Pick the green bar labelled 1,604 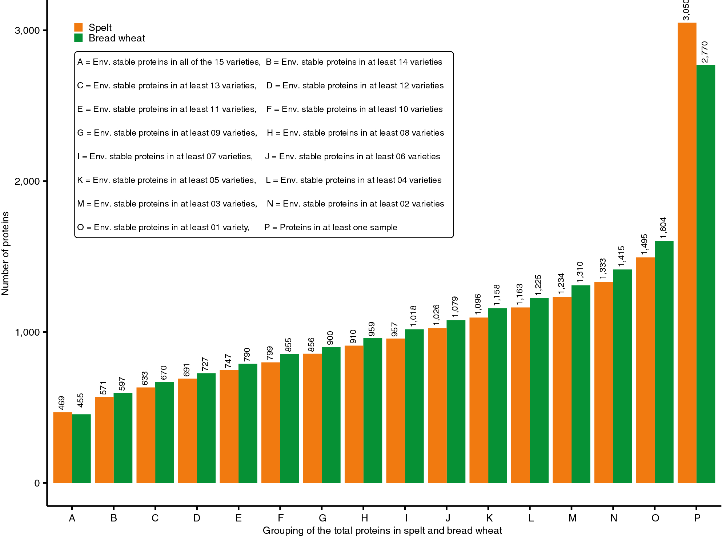pos(664,362)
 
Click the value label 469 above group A pos(61,403)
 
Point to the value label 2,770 pos(705,52)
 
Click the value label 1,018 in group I pos(413,316)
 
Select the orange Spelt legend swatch pos(79,27)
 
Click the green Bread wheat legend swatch pos(79,38)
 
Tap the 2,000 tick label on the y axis pos(27,181)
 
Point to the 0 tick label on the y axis pos(37,483)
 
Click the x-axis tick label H pos(364,518)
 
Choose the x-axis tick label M pos(572,518)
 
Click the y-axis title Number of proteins pos(5,253)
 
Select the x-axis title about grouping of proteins pos(382,531)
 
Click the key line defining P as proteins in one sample pos(330,227)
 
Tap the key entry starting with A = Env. pos(169,62)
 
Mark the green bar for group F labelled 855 pos(289,418)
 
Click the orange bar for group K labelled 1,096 pos(479,400)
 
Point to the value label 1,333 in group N pos(603,269)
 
